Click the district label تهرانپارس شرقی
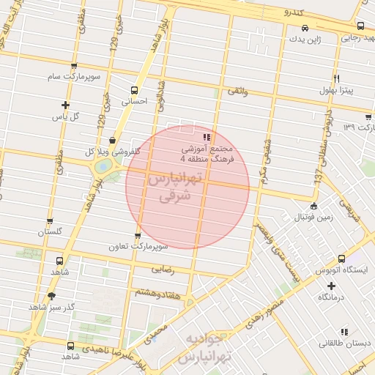(x=169, y=187)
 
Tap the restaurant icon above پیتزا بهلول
(x=336, y=78)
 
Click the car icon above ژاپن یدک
(x=304, y=29)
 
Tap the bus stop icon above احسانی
(x=133, y=89)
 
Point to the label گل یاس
(x=65, y=116)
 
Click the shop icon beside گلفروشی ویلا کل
(x=111, y=140)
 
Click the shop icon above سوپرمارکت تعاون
(x=138, y=235)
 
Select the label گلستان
(x=51, y=231)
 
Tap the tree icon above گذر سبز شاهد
(x=51, y=296)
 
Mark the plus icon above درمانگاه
(x=331, y=286)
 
